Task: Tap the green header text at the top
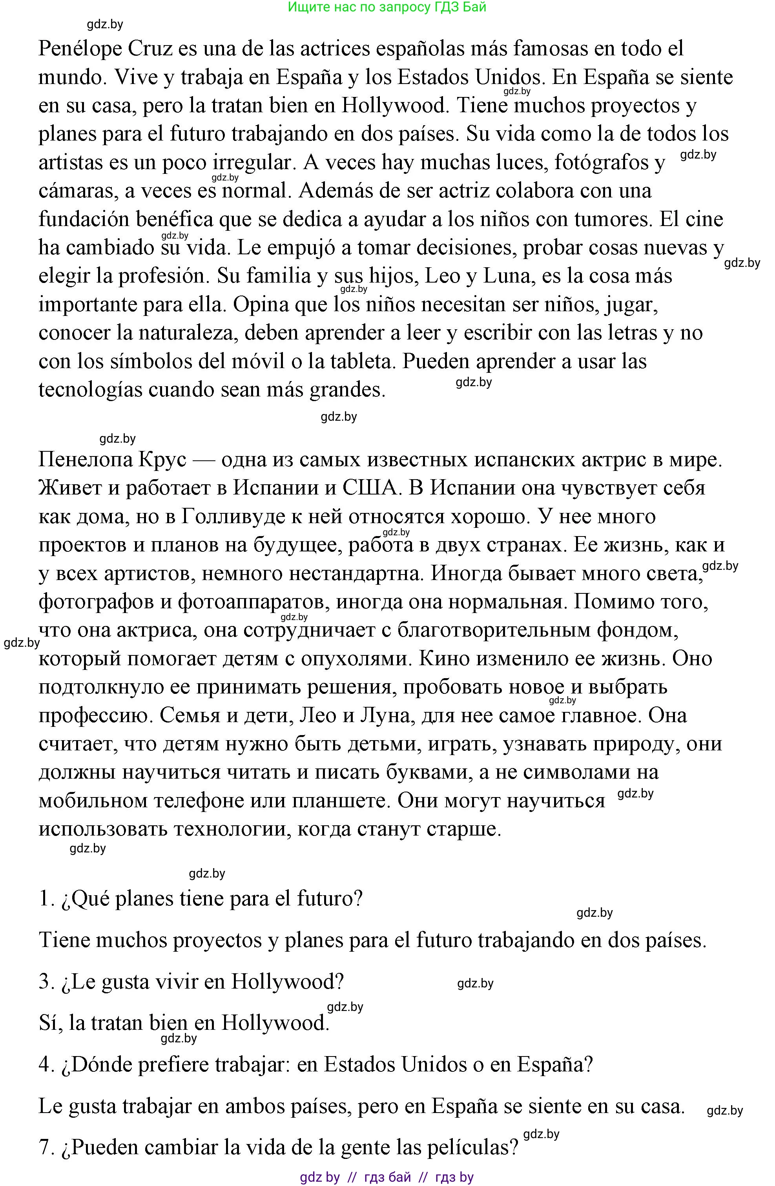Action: pyautogui.click(x=387, y=7)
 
